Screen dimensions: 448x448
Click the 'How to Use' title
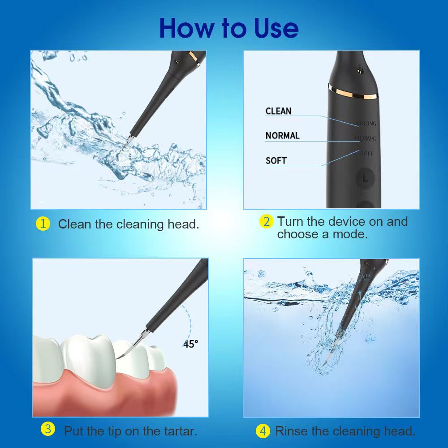(x=228, y=28)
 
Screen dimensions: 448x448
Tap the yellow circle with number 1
(x=43, y=224)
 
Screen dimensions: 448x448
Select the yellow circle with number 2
(x=266, y=221)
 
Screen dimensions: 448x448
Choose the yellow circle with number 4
(x=263, y=431)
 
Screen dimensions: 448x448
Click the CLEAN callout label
(x=278, y=111)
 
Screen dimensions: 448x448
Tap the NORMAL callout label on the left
(x=282, y=136)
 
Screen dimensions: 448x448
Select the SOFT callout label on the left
(x=276, y=160)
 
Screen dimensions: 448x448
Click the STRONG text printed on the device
(x=366, y=124)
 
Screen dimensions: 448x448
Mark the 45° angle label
(x=190, y=344)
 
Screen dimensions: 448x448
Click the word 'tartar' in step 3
(x=178, y=431)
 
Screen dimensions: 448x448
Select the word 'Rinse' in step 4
(x=291, y=431)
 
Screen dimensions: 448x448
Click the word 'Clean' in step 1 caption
(x=75, y=224)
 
